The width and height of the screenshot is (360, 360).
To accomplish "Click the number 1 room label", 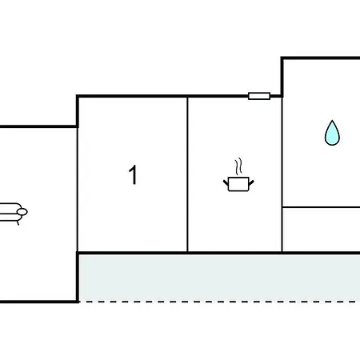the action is click(133, 174).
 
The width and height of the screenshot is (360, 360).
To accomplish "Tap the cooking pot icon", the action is click(238, 184).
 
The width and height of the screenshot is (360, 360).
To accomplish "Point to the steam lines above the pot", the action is click(238, 166).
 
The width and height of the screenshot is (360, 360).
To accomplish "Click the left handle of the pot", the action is click(226, 183).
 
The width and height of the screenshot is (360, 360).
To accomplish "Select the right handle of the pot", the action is click(251, 182).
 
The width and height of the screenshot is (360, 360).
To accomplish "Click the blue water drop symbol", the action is click(332, 133).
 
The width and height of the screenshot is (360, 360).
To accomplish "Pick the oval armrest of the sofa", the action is click(22, 212).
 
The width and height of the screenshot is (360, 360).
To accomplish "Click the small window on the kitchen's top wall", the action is click(259, 96).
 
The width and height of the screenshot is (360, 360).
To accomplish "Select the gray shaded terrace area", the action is click(219, 278).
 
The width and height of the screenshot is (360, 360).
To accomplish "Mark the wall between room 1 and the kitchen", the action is click(187, 174).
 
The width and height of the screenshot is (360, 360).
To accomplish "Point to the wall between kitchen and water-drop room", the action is click(282, 174).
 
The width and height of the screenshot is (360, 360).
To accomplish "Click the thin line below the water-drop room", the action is click(322, 207).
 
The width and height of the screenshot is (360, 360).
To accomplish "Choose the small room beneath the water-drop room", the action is click(322, 230).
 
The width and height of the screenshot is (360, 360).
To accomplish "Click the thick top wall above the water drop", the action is click(321, 58).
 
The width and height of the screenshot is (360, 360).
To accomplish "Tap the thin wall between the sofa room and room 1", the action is click(78, 190).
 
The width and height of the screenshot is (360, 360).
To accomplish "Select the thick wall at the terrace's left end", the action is click(78, 278).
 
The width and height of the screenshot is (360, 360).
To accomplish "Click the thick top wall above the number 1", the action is click(132, 96).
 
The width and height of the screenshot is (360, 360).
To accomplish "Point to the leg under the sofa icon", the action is click(18, 222).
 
